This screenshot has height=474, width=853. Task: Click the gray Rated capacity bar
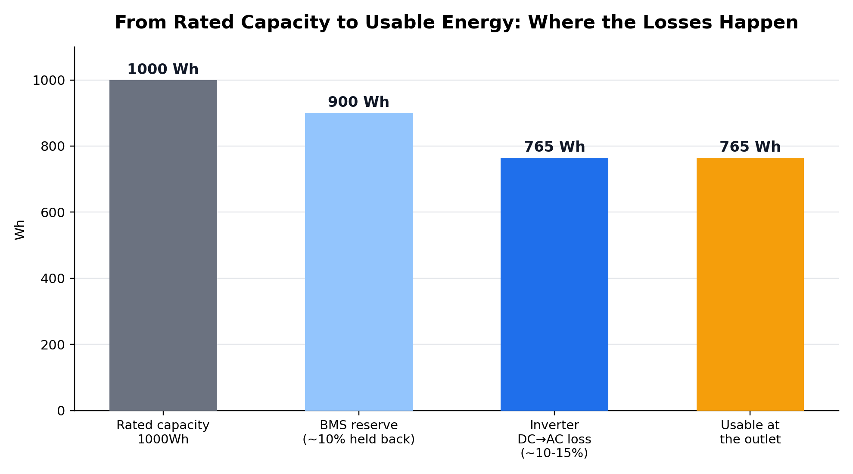(x=163, y=245)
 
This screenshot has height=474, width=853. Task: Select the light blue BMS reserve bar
(x=358, y=262)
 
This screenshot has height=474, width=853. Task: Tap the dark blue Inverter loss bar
(x=554, y=284)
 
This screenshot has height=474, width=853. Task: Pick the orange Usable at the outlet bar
(x=750, y=284)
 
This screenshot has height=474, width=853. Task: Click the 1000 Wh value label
(x=163, y=69)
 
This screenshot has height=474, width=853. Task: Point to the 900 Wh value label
(x=358, y=102)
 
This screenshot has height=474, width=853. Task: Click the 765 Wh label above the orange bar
(x=750, y=147)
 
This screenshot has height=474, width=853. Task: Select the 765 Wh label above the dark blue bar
(x=554, y=147)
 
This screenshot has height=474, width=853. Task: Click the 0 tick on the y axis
(x=61, y=411)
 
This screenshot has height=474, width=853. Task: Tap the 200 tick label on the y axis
(x=53, y=345)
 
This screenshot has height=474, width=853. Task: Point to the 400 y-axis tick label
(x=53, y=279)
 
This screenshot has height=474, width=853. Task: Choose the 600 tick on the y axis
(x=53, y=212)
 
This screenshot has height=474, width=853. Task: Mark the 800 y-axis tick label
(x=53, y=147)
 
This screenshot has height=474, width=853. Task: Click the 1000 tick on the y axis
(x=49, y=81)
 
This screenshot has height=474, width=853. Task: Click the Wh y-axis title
(x=20, y=230)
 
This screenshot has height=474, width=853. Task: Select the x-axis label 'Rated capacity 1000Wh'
(x=163, y=432)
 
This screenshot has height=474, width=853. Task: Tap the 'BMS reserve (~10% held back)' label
(x=358, y=432)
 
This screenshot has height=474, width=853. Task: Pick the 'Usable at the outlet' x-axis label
(x=750, y=432)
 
